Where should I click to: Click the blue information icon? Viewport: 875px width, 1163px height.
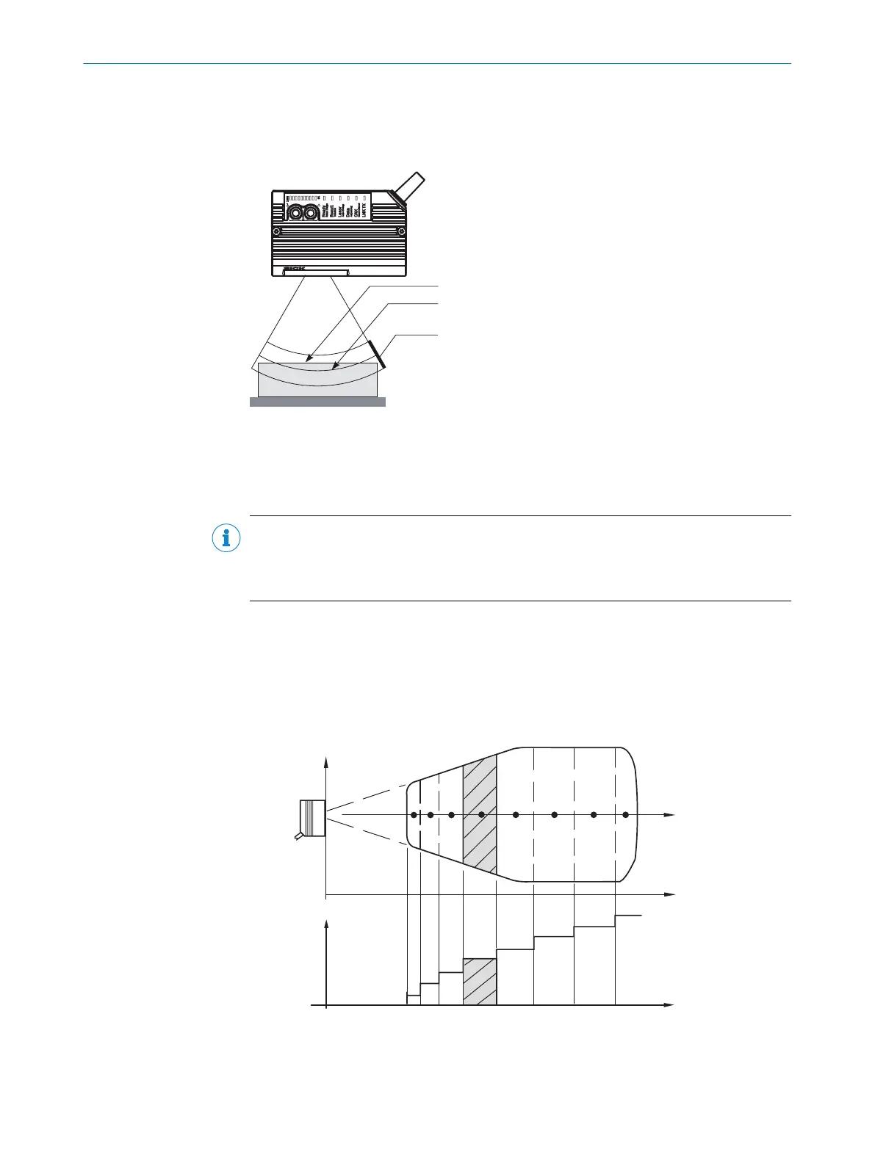tap(226, 539)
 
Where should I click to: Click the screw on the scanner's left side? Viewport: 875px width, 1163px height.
tap(276, 232)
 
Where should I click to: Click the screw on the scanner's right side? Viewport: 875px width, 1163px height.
tap(400, 233)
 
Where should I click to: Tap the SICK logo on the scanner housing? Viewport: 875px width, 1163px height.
tap(294, 269)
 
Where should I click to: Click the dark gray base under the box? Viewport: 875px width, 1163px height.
tap(317, 402)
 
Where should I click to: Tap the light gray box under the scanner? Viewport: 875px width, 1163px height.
tap(317, 382)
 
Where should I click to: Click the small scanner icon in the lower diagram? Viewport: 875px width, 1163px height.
tap(312, 818)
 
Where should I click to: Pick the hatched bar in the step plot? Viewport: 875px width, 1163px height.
tap(480, 982)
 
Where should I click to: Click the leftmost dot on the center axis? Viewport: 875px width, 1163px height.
tap(414, 815)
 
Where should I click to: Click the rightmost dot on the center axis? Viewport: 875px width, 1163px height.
tap(625, 815)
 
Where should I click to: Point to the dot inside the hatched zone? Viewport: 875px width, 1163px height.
tap(481, 815)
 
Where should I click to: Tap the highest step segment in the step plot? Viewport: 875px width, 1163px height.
tap(628, 916)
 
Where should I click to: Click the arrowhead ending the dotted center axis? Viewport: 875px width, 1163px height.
tap(669, 815)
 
